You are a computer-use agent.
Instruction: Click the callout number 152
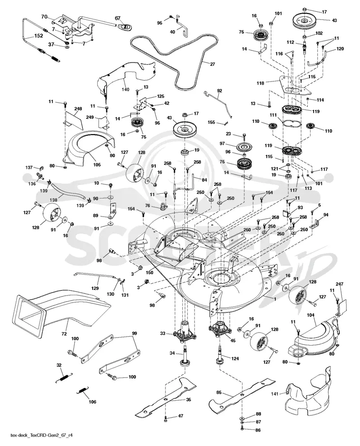38,36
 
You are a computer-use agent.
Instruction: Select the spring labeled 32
64,377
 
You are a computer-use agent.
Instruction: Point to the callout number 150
149,272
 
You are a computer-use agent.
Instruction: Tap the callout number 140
126,89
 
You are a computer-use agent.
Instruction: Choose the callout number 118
260,83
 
